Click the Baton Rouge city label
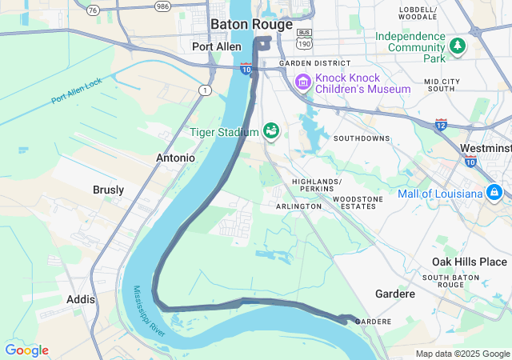coord(248,25)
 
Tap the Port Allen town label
coord(217,46)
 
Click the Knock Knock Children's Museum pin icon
coord(302,82)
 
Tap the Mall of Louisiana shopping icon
coord(494,193)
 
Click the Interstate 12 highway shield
coord(442,124)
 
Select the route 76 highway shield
coord(94,10)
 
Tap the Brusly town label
coord(108,190)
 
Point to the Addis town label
coord(81,299)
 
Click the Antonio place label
coord(175,158)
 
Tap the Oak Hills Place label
coord(470,262)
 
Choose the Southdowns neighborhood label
coord(362,138)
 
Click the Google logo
coord(26,350)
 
